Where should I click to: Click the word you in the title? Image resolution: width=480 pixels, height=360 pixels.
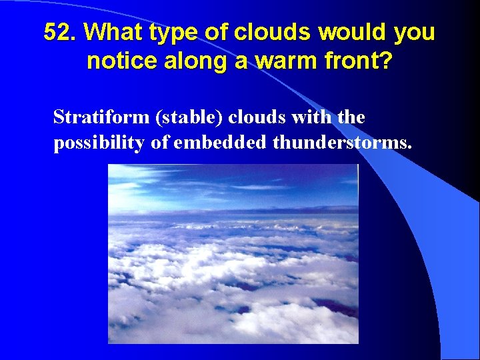pos(416,33)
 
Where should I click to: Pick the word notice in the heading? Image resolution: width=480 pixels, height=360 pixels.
pos(117,61)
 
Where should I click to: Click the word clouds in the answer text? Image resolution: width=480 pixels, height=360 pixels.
pos(259,117)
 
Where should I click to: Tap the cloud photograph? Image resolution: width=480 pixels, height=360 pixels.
pos(233,254)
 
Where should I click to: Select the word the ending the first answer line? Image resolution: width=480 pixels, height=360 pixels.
pos(351,117)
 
